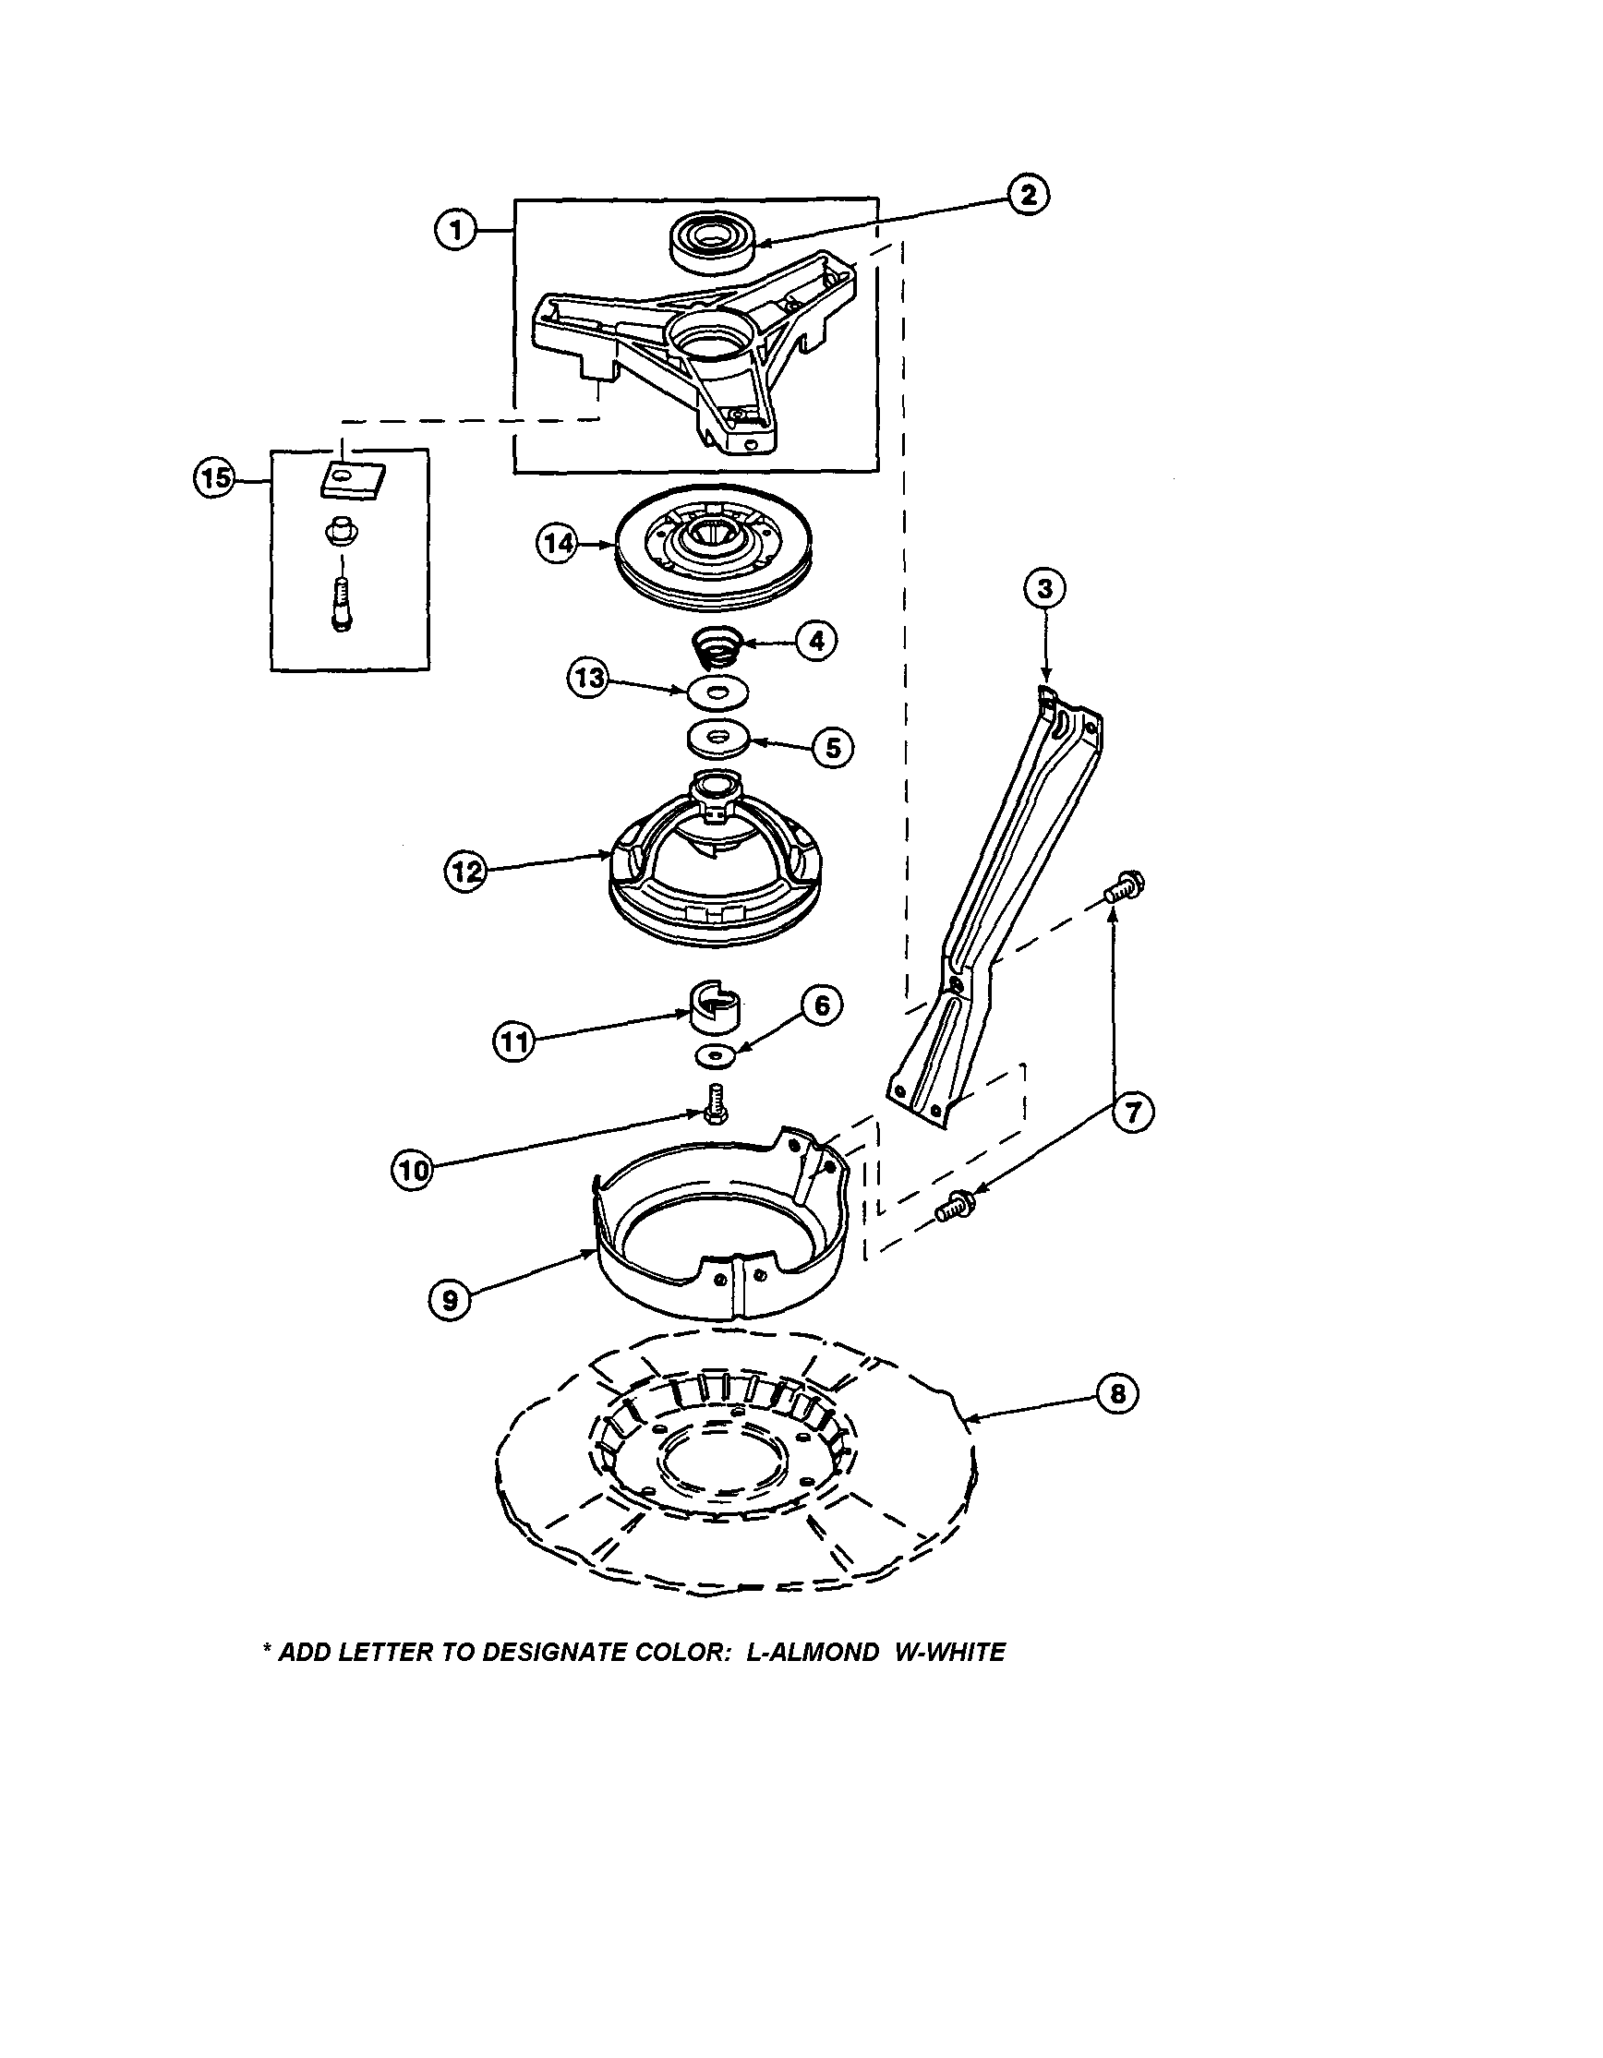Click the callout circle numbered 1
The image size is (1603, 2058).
(x=456, y=230)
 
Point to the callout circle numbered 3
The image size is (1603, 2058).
(x=1045, y=589)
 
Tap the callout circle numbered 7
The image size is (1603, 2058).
(x=1132, y=1112)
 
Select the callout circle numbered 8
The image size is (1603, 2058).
(x=1118, y=1392)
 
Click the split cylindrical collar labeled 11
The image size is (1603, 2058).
(x=715, y=1009)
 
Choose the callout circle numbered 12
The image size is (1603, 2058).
(x=465, y=872)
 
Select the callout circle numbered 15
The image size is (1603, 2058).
(x=215, y=477)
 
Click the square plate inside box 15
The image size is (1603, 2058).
(x=351, y=482)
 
